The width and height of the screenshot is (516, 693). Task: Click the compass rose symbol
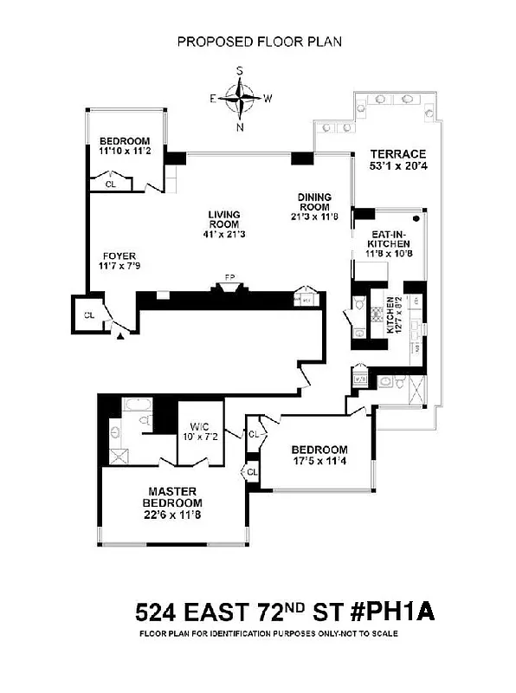241,99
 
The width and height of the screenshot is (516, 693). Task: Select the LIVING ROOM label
223,221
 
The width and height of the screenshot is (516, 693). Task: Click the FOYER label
118,256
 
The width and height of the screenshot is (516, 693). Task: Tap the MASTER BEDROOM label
174,497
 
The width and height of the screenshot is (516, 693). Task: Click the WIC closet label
200,426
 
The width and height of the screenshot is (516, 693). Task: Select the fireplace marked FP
229,279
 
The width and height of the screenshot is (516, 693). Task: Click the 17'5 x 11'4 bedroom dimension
319,461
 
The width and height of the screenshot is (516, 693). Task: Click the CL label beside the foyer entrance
87,314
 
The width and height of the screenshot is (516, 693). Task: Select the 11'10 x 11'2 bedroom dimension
125,152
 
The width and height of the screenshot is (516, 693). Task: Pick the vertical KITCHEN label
390,315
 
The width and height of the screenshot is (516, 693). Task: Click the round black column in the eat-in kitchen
416,219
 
